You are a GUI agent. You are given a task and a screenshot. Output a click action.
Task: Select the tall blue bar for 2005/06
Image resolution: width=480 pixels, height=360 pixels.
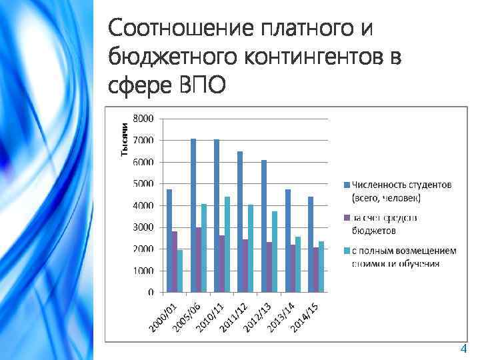193,215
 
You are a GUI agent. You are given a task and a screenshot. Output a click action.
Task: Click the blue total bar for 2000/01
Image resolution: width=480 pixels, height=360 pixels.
169,240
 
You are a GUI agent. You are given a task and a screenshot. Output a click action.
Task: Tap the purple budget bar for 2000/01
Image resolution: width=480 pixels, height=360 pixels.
175,261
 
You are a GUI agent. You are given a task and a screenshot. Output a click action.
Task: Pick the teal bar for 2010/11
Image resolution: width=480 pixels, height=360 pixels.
227,244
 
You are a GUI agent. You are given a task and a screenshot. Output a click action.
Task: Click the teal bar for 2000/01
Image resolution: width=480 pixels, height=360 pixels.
180,271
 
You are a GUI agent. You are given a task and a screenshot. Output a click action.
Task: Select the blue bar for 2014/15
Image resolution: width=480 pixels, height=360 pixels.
311,244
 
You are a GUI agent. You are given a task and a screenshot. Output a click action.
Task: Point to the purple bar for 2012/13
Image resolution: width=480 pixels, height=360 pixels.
269,267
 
